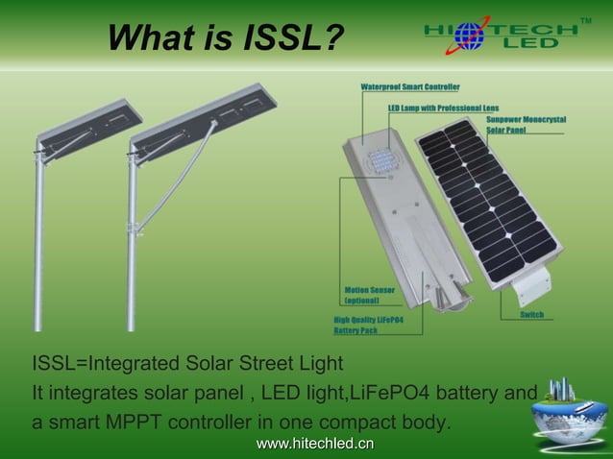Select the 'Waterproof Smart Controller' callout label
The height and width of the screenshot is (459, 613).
point(409,86)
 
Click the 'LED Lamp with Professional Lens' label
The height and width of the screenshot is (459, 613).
point(443,108)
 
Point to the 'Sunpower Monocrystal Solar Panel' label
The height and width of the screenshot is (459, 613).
point(531,124)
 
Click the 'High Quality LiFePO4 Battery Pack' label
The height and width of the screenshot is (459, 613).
point(368,325)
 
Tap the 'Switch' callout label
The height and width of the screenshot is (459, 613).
point(533,315)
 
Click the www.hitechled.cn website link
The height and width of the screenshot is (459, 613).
point(314,443)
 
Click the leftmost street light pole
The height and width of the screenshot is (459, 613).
point(39,240)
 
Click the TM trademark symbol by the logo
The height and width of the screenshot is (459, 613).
point(587,19)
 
